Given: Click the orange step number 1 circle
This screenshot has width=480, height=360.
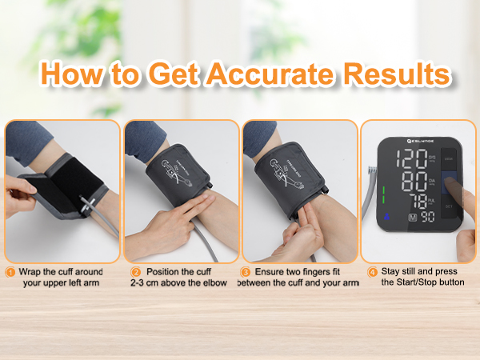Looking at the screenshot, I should [x=10, y=272].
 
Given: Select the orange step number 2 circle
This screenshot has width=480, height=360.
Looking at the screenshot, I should [x=135, y=272].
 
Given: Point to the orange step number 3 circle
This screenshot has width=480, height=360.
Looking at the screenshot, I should [x=246, y=272].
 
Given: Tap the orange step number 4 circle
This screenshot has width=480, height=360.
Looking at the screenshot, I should [x=372, y=272].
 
